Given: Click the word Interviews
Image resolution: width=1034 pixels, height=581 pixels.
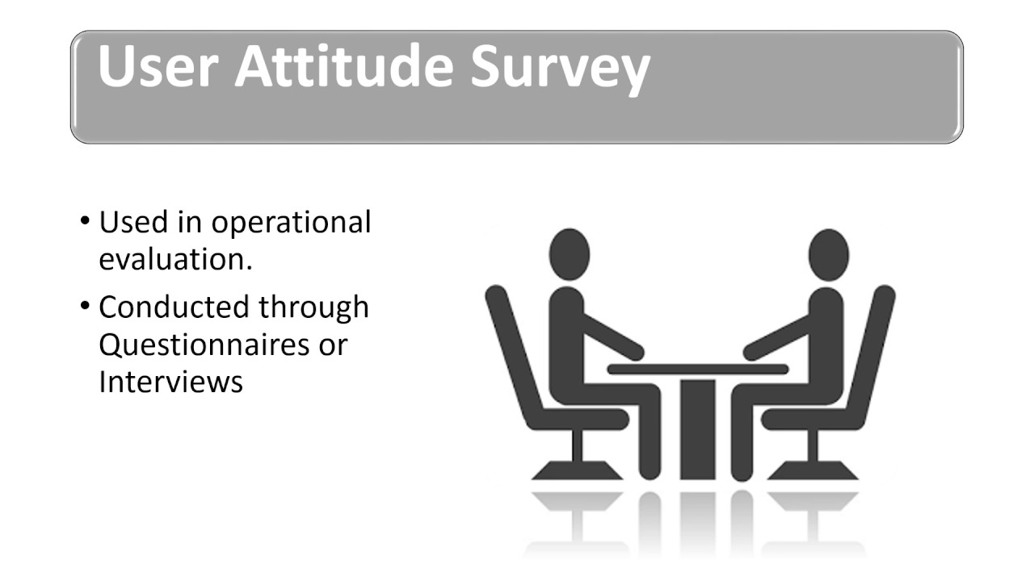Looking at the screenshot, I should (170, 381).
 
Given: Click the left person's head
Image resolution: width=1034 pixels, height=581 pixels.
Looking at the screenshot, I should (570, 253).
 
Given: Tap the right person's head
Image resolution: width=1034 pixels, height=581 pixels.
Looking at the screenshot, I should (828, 253).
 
